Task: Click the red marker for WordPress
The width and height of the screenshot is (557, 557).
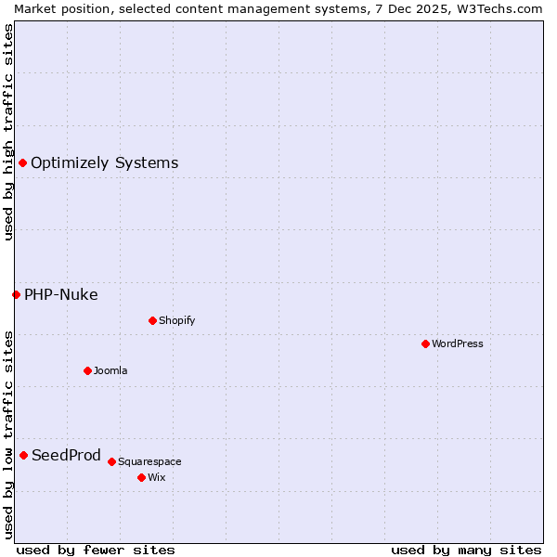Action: (425, 343)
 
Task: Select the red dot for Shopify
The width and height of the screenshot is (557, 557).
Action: (152, 320)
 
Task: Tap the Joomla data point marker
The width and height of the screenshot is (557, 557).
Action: (87, 370)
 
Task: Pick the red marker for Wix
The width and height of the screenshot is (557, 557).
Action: (141, 477)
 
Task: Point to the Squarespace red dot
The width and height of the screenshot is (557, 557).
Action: (111, 461)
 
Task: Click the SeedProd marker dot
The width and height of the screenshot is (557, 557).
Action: (23, 455)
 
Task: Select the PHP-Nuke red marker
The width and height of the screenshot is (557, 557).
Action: (16, 294)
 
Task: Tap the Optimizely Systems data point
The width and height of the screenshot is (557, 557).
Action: (22, 162)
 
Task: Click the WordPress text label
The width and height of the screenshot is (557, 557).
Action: (458, 343)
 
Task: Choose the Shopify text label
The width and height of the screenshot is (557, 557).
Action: (177, 320)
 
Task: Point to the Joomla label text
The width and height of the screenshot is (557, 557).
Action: (110, 370)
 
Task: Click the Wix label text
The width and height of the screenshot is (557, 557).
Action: (157, 477)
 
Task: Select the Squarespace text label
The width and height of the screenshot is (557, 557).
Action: (149, 461)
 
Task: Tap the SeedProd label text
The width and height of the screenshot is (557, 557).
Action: (66, 455)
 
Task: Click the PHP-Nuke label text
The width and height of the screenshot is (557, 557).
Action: (61, 294)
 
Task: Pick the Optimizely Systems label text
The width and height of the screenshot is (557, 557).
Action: (105, 162)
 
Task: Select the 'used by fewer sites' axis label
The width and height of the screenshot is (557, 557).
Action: (96, 550)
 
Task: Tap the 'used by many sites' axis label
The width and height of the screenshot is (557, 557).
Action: (466, 550)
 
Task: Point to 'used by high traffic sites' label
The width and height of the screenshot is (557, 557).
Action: (8, 132)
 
